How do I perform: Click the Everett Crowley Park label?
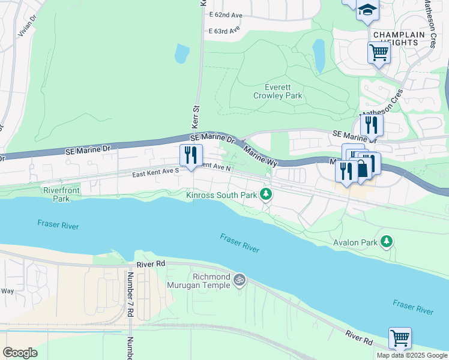pyautogui.click(x=277, y=91)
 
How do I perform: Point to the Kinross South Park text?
pyautogui.click(x=221, y=194)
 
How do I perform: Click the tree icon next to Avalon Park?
pyautogui.click(x=387, y=242)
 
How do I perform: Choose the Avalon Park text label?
pyautogui.click(x=355, y=242)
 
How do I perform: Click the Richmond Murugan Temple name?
pyautogui.click(x=211, y=281)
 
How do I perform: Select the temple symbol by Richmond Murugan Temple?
pyautogui.click(x=240, y=280)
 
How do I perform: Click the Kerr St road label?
pyautogui.click(x=195, y=118)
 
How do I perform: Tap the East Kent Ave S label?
pyautogui.click(x=156, y=172)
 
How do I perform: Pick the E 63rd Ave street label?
pyautogui.click(x=224, y=30)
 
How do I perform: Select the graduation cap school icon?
pyautogui.click(x=367, y=10)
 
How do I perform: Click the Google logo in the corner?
pyautogui.click(x=20, y=353)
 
